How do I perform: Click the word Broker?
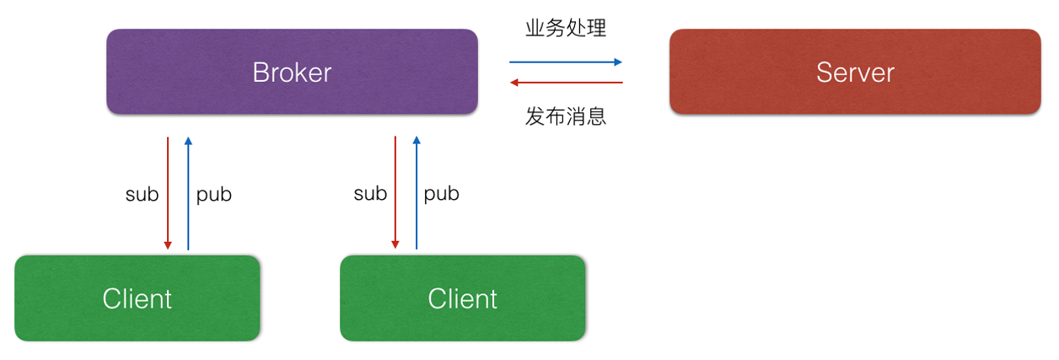click(292, 73)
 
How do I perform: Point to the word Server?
click(855, 73)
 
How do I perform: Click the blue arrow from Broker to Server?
click(565, 62)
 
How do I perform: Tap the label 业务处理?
click(566, 29)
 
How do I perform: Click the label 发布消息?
click(566, 116)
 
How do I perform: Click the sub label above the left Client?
click(142, 195)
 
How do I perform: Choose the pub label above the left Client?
click(213, 195)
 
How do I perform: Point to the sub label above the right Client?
click(369, 194)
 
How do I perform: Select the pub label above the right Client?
click(441, 194)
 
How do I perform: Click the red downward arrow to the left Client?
click(168, 194)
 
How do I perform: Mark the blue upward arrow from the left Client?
click(188, 194)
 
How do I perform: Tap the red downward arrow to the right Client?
click(395, 194)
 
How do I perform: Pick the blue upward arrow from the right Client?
click(417, 194)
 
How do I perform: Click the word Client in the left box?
click(137, 298)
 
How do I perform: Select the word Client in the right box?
click(462, 298)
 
